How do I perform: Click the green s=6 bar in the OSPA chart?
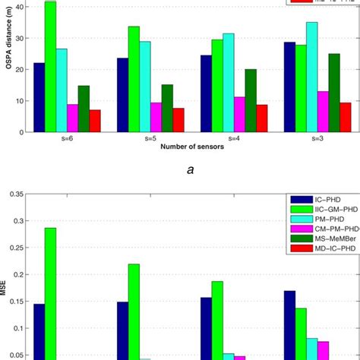50,68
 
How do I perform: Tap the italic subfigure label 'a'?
180,173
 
